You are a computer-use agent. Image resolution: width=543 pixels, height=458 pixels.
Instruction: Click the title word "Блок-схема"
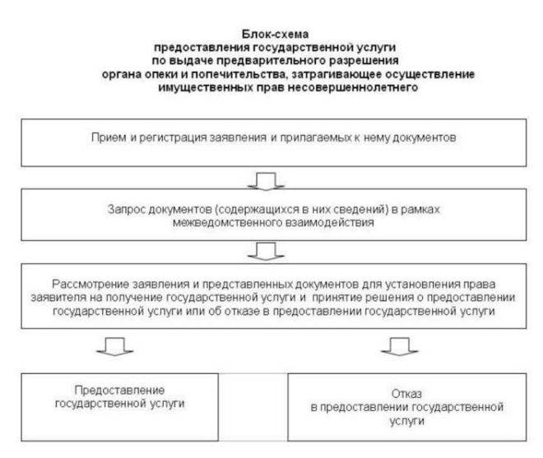275,34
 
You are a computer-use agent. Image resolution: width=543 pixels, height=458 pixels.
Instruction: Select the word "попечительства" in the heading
239,74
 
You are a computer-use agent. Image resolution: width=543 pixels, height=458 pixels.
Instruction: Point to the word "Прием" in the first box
109,137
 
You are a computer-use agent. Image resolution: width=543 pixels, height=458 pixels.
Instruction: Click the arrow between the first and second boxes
266,182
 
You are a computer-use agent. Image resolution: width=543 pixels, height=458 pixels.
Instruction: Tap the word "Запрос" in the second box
125,210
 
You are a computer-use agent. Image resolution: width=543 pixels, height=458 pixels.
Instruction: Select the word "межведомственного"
227,222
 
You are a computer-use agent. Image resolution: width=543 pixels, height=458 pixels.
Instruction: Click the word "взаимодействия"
329,222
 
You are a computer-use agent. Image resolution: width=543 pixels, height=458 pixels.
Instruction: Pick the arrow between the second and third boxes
266,252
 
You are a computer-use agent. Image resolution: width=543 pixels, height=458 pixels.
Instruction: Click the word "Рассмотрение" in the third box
90,284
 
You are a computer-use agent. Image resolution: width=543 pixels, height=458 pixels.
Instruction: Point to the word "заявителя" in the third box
58,298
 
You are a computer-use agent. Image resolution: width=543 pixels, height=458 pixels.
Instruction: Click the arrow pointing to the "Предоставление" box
114,346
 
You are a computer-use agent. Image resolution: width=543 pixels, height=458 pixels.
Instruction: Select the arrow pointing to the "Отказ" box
399,346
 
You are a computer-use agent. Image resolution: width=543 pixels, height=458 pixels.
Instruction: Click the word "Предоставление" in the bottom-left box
119,390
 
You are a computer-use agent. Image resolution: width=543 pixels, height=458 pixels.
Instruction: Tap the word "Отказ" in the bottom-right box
406,394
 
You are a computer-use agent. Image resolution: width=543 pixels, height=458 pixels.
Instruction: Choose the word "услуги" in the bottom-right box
407,421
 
